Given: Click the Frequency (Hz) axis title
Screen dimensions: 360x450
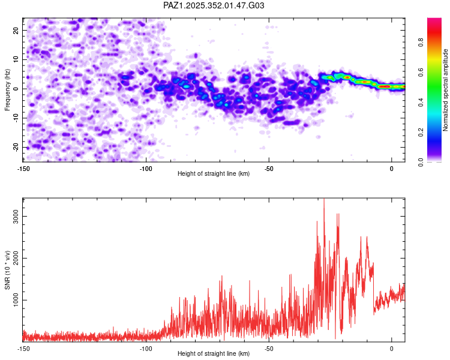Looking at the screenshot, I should [8, 89].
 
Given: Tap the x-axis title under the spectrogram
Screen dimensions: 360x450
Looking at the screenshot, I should [214, 173].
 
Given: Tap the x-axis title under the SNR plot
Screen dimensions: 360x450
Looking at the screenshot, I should [214, 353].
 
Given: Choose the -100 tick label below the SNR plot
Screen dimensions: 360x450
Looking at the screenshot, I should [146, 347].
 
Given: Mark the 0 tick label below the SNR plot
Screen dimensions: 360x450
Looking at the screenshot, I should [392, 347].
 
